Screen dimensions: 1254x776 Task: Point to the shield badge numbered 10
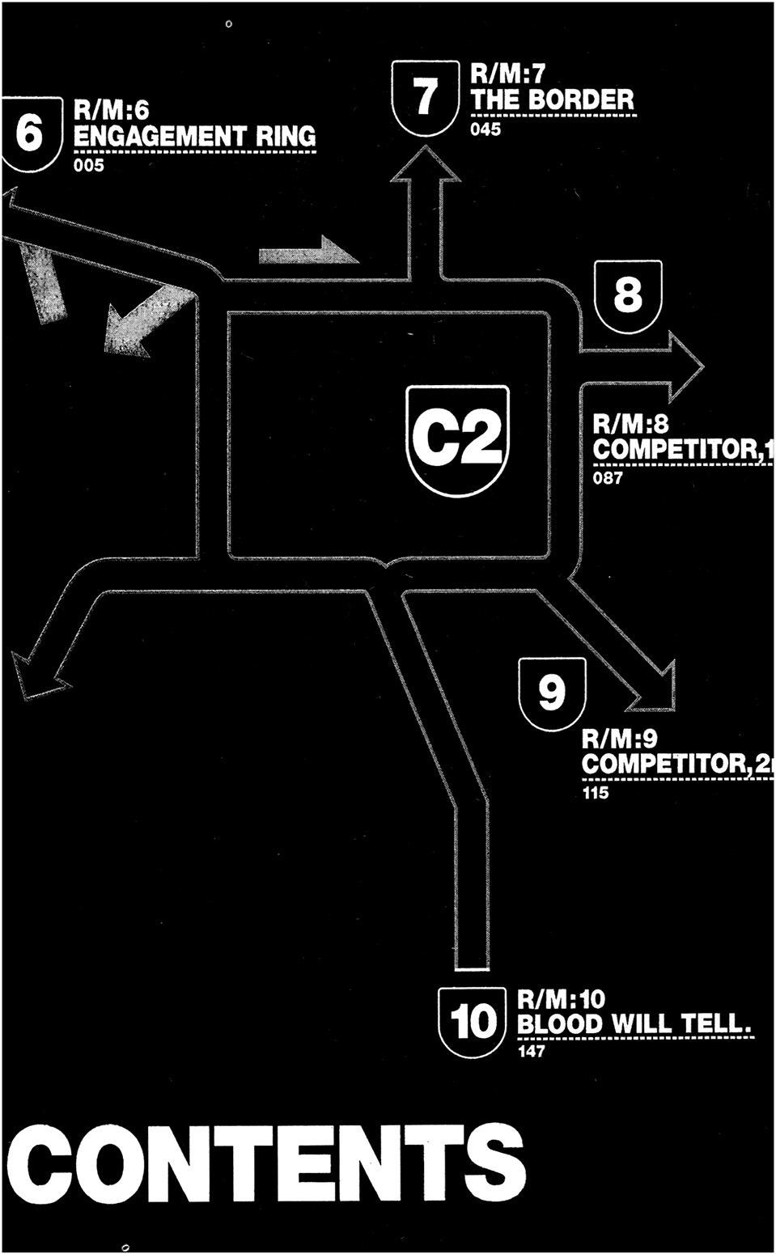pyautogui.click(x=473, y=1021)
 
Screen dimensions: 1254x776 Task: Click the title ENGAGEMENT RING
pyautogui.click(x=194, y=136)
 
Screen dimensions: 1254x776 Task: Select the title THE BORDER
pyautogui.click(x=553, y=100)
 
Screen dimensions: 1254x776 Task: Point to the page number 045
pyautogui.click(x=486, y=129)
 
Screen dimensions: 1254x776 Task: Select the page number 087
pyautogui.click(x=608, y=477)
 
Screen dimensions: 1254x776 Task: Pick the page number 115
pyautogui.click(x=596, y=793)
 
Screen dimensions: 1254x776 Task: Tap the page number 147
pyautogui.click(x=532, y=1052)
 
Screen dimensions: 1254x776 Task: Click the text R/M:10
pyautogui.click(x=561, y=998)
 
